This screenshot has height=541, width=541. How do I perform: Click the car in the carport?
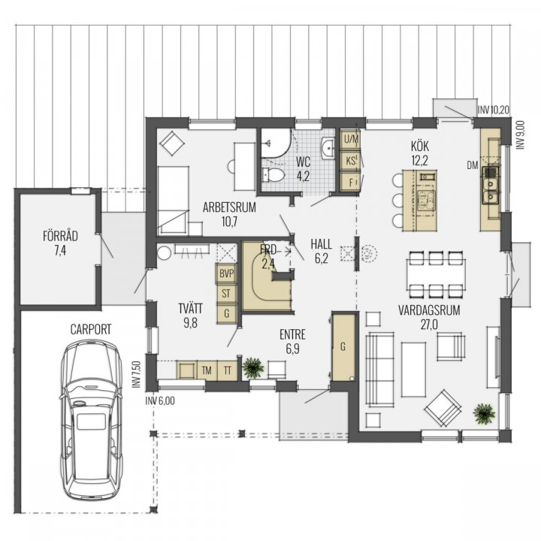(92, 419)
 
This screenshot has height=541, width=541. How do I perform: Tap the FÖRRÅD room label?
(60, 236)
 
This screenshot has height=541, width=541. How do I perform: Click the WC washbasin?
(328, 149)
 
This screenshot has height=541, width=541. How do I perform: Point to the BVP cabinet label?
(227, 274)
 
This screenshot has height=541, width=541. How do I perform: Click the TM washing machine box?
(207, 370)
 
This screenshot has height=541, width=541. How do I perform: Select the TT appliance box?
(228, 370)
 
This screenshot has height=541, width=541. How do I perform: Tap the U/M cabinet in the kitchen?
(351, 140)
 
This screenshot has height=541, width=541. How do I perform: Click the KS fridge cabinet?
(351, 161)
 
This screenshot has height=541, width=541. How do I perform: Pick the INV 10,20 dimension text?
(494, 110)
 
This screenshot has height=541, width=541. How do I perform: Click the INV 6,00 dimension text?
(160, 401)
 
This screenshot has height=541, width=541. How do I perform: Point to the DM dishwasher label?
(473, 165)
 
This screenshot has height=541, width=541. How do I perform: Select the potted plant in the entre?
(254, 367)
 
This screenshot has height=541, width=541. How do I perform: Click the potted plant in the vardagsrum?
(484, 413)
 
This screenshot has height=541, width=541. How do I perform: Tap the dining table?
(436, 274)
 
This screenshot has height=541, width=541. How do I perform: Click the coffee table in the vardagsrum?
(414, 369)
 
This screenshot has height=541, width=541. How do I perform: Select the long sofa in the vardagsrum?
(379, 369)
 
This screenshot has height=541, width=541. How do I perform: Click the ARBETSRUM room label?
(229, 207)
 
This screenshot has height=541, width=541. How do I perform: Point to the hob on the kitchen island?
(427, 201)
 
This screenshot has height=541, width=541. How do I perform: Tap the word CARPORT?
(91, 330)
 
